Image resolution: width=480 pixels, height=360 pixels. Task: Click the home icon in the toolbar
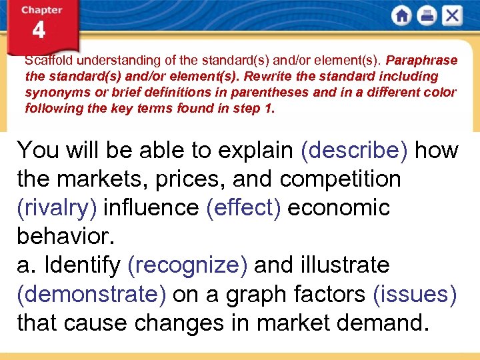point(401,16)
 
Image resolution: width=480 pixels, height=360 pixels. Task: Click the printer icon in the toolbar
point(427,16)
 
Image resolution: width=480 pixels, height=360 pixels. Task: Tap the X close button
point(452,16)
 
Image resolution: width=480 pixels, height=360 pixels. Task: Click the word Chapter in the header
point(41,10)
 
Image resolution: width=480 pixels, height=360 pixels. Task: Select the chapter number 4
point(39,31)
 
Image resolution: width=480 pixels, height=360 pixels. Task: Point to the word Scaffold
point(47,60)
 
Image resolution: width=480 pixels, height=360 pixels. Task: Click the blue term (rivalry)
point(57,207)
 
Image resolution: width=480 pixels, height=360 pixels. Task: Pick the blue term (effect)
point(246,207)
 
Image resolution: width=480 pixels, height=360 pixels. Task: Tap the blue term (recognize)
point(187,265)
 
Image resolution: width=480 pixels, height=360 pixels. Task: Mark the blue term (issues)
point(415,293)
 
